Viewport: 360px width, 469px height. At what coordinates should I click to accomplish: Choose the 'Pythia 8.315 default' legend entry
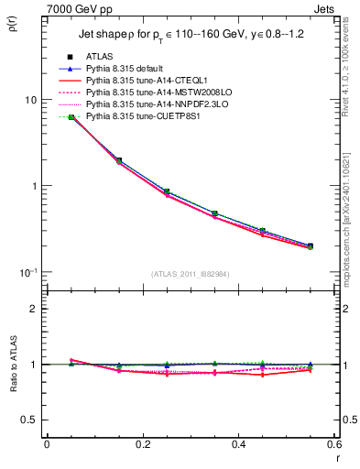(125, 69)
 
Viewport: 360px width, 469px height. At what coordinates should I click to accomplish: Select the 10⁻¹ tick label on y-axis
(27, 272)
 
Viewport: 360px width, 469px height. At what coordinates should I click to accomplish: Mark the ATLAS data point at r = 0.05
(71, 117)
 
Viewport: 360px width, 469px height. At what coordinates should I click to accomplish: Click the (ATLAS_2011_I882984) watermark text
(191, 274)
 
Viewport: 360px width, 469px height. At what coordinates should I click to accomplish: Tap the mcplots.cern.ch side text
(349, 229)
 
